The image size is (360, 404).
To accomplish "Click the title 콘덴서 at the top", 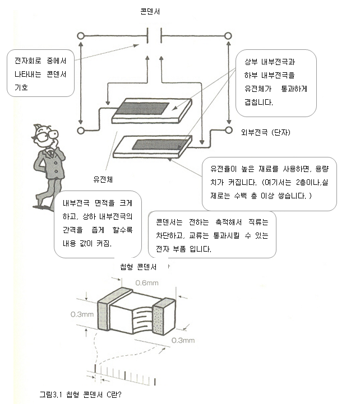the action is click(151, 11).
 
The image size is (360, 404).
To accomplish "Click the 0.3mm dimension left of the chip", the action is click(82, 314).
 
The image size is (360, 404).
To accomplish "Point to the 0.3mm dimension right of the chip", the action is click(183, 340).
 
